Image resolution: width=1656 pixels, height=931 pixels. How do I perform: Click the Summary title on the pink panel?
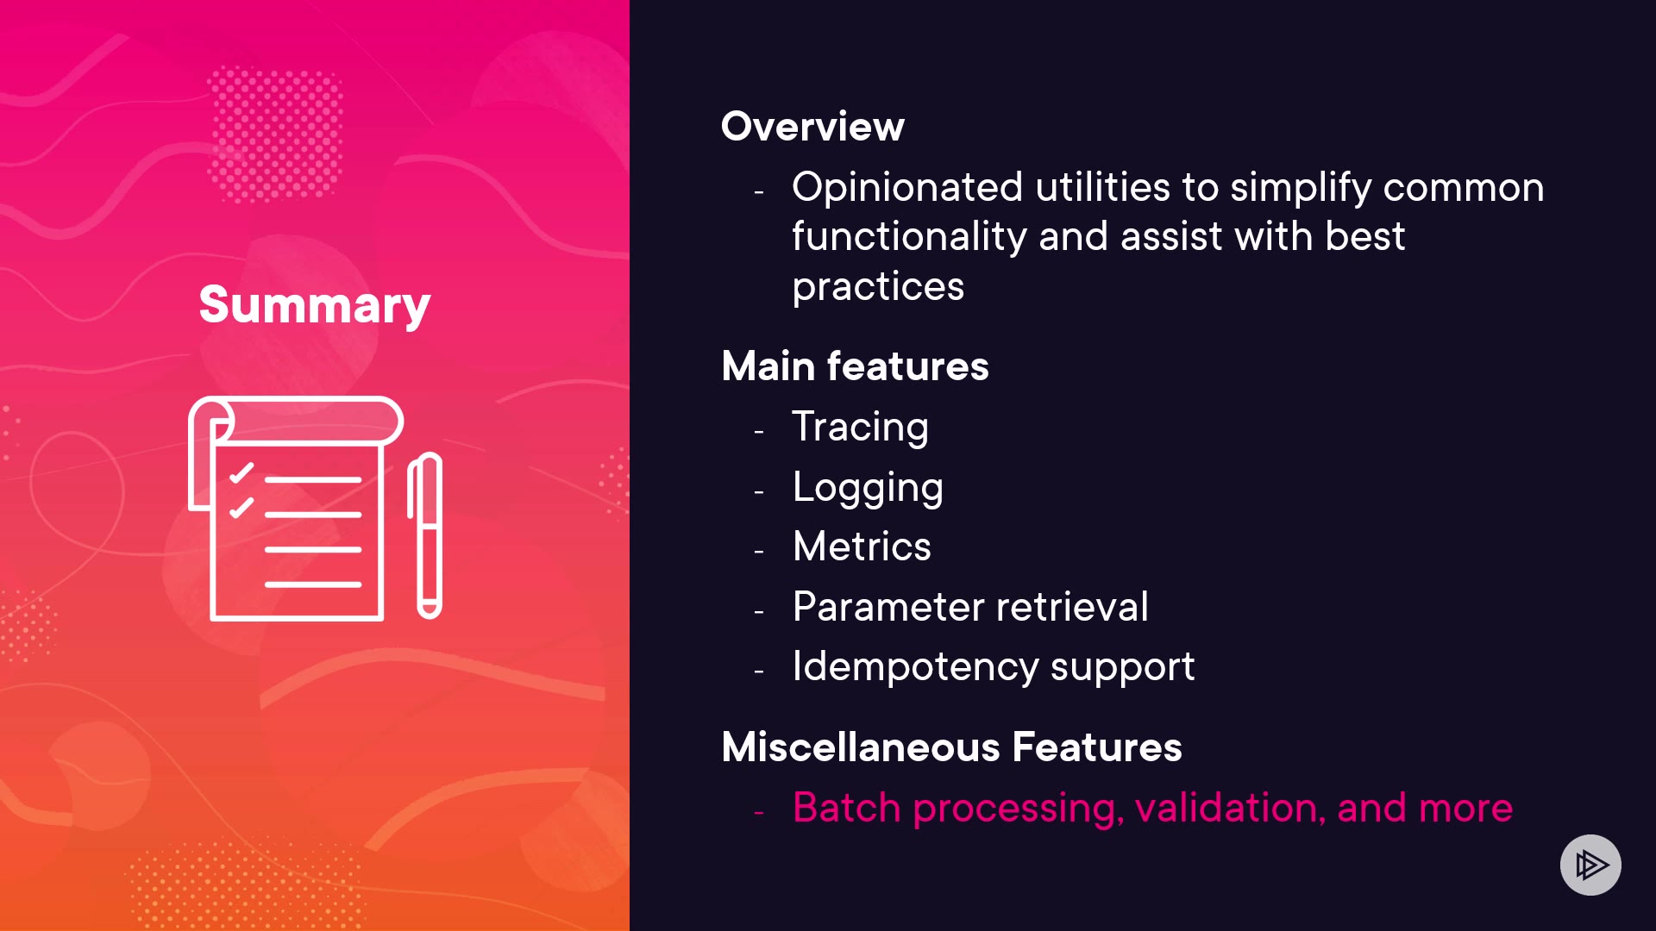click(x=315, y=304)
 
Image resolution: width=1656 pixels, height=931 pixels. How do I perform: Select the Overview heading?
click(x=812, y=127)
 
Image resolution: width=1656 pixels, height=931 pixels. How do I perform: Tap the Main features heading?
click(x=855, y=366)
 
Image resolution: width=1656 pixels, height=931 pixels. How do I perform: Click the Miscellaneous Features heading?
click(x=951, y=747)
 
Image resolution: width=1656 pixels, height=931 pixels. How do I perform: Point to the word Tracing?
click(x=860, y=428)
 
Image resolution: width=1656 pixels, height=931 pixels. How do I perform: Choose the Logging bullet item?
click(x=868, y=488)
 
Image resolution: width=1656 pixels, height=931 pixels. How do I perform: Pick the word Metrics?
click(x=862, y=547)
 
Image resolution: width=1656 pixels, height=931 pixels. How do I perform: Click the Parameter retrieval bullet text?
click(x=970, y=607)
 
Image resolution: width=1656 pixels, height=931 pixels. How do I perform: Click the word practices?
click(x=878, y=288)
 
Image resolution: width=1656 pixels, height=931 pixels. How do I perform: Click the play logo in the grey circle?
click(x=1591, y=865)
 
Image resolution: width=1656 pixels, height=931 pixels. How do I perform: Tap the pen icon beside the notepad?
click(x=425, y=535)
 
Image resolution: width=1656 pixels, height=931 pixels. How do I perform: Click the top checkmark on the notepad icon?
click(x=241, y=473)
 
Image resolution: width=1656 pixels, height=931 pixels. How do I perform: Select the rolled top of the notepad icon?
click(x=296, y=422)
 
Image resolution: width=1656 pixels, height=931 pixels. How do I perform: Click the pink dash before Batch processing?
click(x=759, y=812)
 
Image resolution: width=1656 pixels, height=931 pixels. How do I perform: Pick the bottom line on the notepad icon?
click(x=313, y=584)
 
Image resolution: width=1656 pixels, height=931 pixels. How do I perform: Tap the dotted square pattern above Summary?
click(x=276, y=134)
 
